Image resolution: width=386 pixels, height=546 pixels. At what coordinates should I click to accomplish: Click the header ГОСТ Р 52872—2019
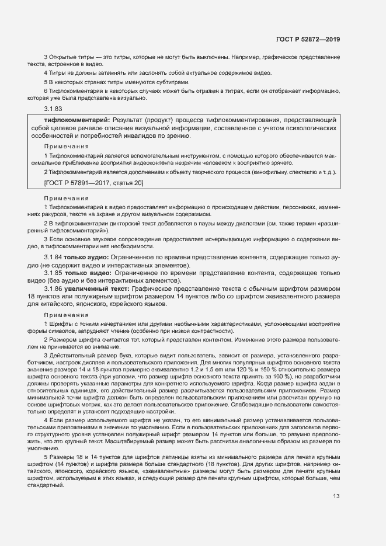click(308, 39)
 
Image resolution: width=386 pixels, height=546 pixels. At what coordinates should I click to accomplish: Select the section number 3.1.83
click(53, 109)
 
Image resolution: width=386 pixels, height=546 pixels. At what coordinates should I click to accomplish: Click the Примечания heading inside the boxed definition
click(66, 147)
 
